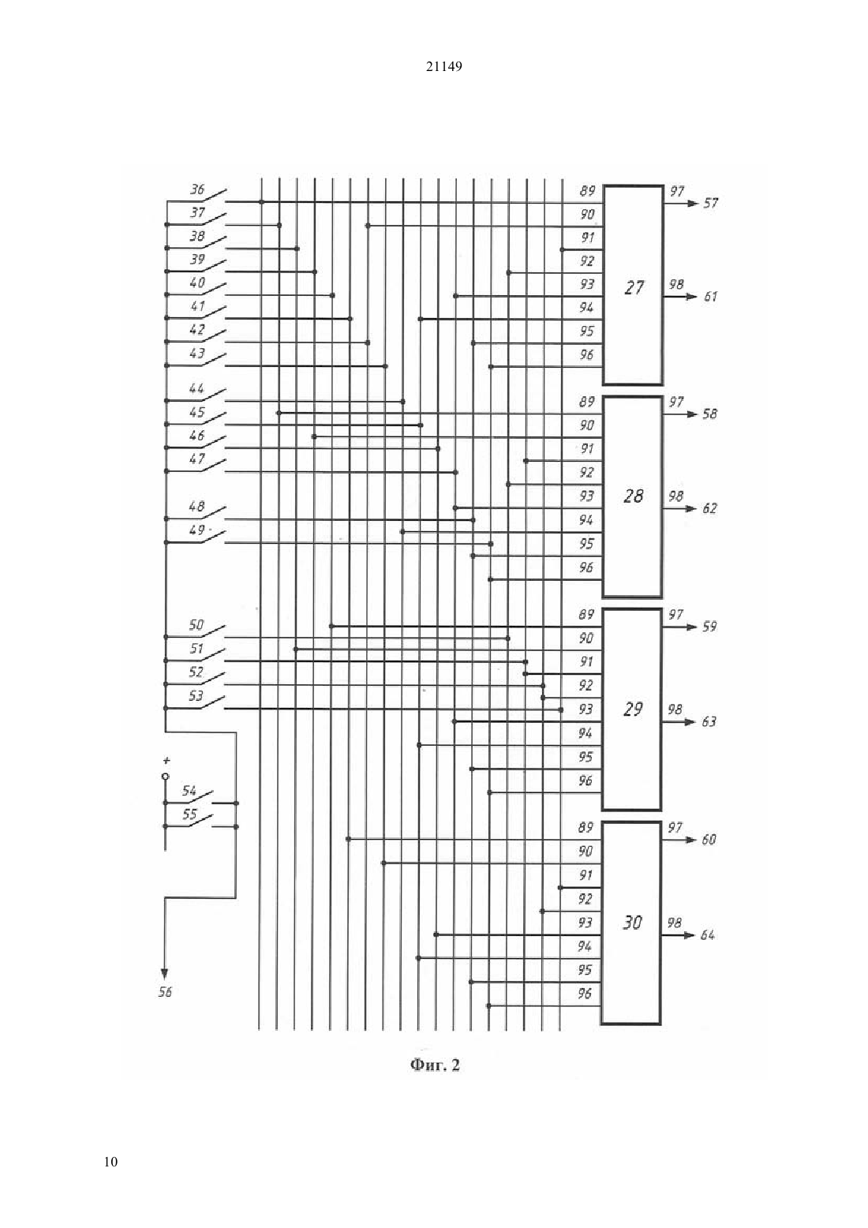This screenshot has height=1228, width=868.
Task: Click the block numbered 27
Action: click(x=633, y=285)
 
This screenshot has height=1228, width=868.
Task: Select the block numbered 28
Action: click(x=632, y=496)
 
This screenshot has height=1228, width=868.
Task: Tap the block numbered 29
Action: click(x=632, y=709)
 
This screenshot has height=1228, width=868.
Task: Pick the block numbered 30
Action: click(x=631, y=923)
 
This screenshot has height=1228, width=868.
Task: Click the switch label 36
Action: click(x=197, y=189)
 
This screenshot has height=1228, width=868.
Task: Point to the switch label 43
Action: click(x=197, y=353)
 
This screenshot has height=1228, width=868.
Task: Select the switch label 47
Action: click(x=196, y=459)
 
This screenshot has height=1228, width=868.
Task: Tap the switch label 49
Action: click(x=196, y=530)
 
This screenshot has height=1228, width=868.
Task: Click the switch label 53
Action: click(x=196, y=696)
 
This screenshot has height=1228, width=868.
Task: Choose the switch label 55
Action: click(x=189, y=814)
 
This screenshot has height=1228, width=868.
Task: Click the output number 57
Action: click(x=711, y=204)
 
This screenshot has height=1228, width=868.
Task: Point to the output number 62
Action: click(x=709, y=508)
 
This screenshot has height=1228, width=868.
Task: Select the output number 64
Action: click(x=708, y=934)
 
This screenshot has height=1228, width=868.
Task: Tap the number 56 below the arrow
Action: click(x=165, y=992)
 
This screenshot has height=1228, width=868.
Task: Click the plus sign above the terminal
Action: click(x=166, y=761)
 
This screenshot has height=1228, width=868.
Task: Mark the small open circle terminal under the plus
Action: click(x=166, y=777)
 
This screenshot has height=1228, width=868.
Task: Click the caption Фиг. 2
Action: click(x=435, y=1065)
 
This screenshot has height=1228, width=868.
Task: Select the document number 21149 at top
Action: click(x=443, y=66)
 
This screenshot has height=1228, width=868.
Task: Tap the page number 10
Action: click(x=110, y=1162)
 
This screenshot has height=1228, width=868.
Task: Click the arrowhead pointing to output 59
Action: click(x=692, y=627)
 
